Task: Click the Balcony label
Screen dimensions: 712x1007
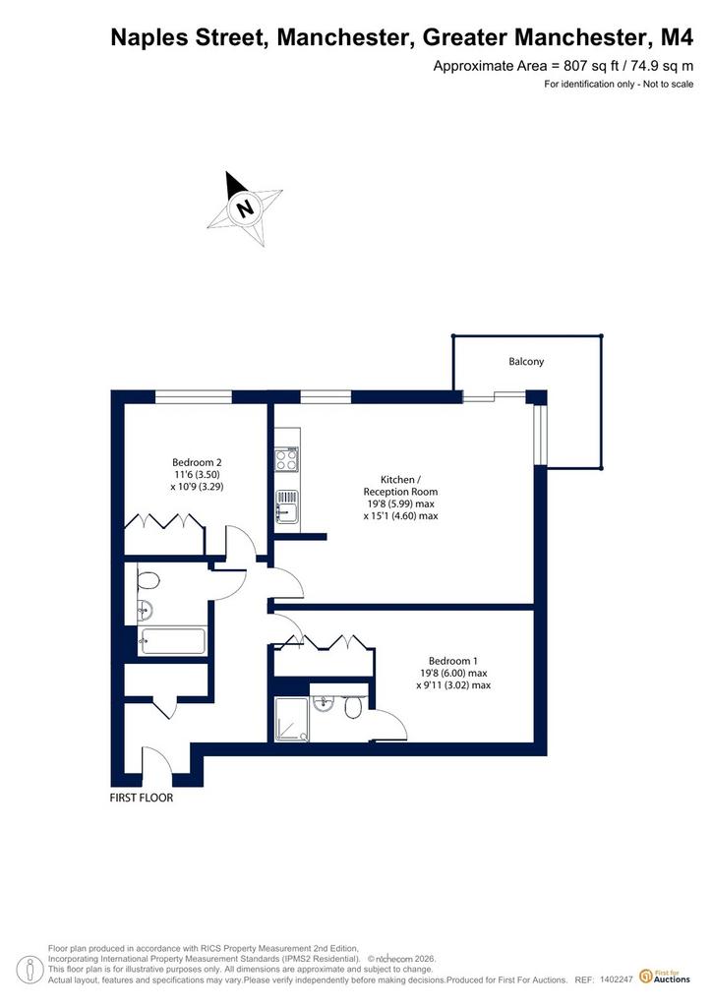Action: click(526, 362)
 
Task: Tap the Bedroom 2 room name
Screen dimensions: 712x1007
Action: click(197, 462)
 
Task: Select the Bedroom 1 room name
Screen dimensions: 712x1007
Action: click(453, 661)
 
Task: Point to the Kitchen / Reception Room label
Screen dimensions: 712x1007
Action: click(400, 486)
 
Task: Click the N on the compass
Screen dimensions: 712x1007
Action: click(244, 208)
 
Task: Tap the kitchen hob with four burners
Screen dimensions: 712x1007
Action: click(287, 459)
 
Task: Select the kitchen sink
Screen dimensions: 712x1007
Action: click(287, 506)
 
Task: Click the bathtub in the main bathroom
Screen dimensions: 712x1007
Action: click(173, 641)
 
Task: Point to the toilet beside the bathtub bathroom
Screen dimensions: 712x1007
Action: click(148, 580)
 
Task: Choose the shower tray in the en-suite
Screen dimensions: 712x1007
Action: click(292, 720)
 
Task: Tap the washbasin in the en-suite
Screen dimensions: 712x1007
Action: click(323, 704)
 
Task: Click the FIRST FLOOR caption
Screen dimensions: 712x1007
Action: click(142, 798)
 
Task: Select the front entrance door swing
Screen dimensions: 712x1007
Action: click(157, 761)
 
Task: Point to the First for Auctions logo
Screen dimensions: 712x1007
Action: click(665, 977)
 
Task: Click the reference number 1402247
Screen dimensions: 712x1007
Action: click(617, 979)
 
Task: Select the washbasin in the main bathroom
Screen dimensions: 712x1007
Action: click(146, 609)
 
